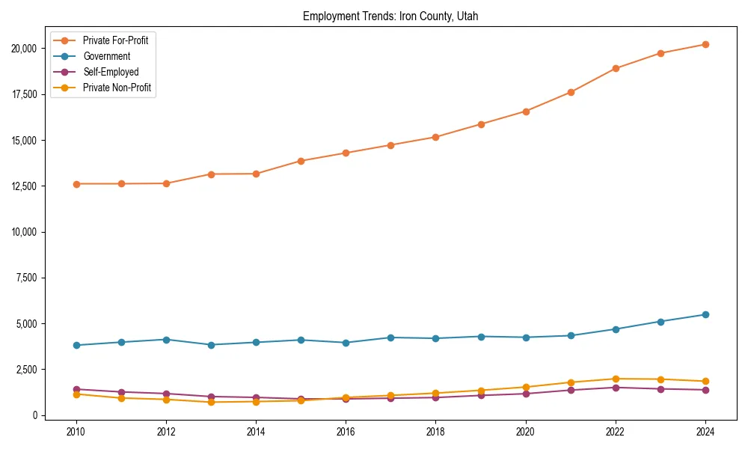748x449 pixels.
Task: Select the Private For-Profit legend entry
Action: pos(115,40)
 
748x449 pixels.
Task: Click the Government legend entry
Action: pos(106,56)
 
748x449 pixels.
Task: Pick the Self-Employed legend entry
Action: pos(111,72)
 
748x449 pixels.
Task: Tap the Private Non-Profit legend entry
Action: pos(117,88)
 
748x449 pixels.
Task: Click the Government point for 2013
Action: pos(211,345)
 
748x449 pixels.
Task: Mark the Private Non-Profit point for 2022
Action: pos(616,379)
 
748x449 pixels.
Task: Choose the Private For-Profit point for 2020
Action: pos(526,112)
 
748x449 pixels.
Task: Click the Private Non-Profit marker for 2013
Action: pos(211,402)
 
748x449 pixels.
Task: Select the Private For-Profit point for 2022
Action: pos(616,68)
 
